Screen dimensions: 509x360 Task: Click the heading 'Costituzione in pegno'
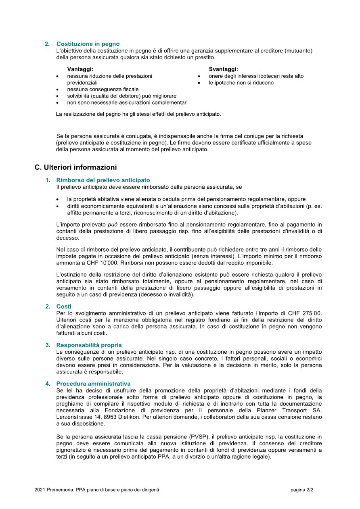pos(88,44)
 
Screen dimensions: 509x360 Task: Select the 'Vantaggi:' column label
pos(80,69)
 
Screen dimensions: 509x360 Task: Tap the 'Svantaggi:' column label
pos(223,69)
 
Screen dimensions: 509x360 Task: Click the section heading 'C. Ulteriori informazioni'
pos(75,167)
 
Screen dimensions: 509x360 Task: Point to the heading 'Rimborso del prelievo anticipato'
pos(103,180)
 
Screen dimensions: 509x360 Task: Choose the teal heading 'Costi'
pos(64,307)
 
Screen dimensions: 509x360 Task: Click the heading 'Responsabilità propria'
pos(89,345)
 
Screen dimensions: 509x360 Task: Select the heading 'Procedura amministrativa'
pos(93,384)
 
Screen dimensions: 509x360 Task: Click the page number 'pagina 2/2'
pos(302,490)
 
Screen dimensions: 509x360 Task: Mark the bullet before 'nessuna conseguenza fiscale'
pos(59,90)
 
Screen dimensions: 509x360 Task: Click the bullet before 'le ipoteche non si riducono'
pos(199,83)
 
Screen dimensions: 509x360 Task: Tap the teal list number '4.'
pos(48,384)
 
